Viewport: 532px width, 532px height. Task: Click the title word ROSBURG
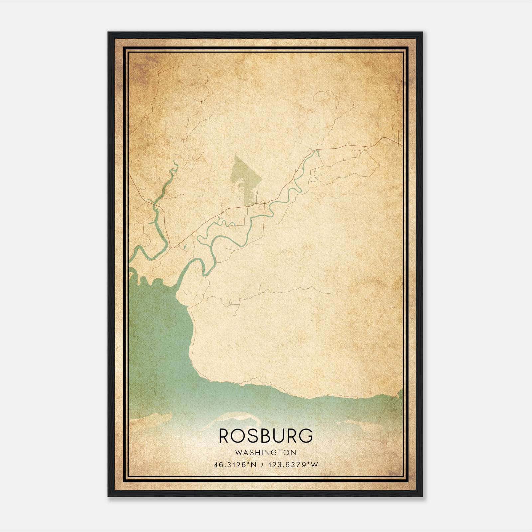coord(266,436)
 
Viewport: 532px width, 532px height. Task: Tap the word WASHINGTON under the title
coord(266,452)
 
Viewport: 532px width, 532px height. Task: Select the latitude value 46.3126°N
coord(235,465)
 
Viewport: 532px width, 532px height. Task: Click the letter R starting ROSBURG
coord(224,436)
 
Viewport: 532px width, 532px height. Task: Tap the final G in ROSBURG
coord(306,436)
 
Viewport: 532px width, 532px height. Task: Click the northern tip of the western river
coord(175,162)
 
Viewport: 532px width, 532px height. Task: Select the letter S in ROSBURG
coord(253,436)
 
